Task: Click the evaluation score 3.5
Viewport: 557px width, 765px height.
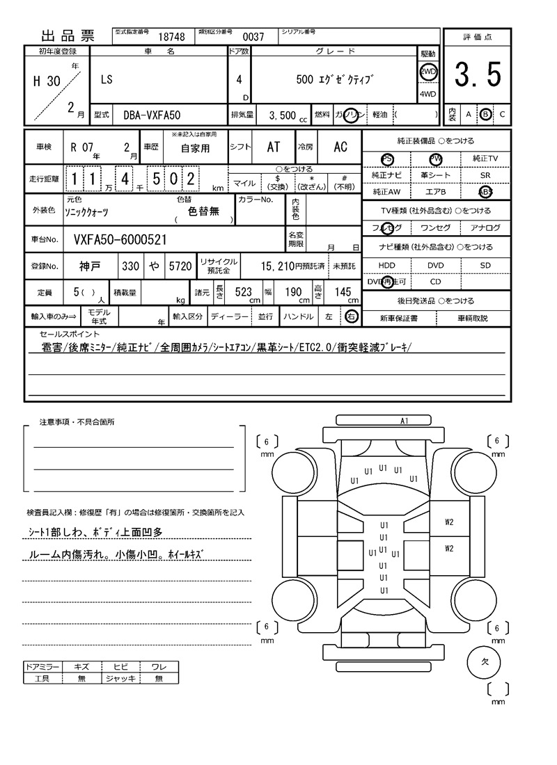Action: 478,75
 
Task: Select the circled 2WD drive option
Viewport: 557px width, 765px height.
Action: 428,72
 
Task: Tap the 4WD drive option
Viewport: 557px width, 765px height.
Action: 428,95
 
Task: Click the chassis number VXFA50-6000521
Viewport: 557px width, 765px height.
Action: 120,240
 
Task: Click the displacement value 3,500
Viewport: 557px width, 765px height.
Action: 282,115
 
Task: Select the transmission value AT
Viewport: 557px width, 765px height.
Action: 274,147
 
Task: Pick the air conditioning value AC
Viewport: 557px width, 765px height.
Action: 340,147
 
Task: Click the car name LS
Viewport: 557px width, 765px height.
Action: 106,80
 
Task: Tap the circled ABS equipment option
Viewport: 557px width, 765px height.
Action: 485,192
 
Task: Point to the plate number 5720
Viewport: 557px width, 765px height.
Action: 180,266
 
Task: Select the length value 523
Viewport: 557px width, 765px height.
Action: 243,292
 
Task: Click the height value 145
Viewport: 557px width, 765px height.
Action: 343,292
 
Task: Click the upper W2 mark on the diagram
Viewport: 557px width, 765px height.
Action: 449,521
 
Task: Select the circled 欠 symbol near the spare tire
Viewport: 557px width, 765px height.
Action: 485,662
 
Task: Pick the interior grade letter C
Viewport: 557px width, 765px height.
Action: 502,114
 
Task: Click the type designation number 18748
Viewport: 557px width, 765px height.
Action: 171,37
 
